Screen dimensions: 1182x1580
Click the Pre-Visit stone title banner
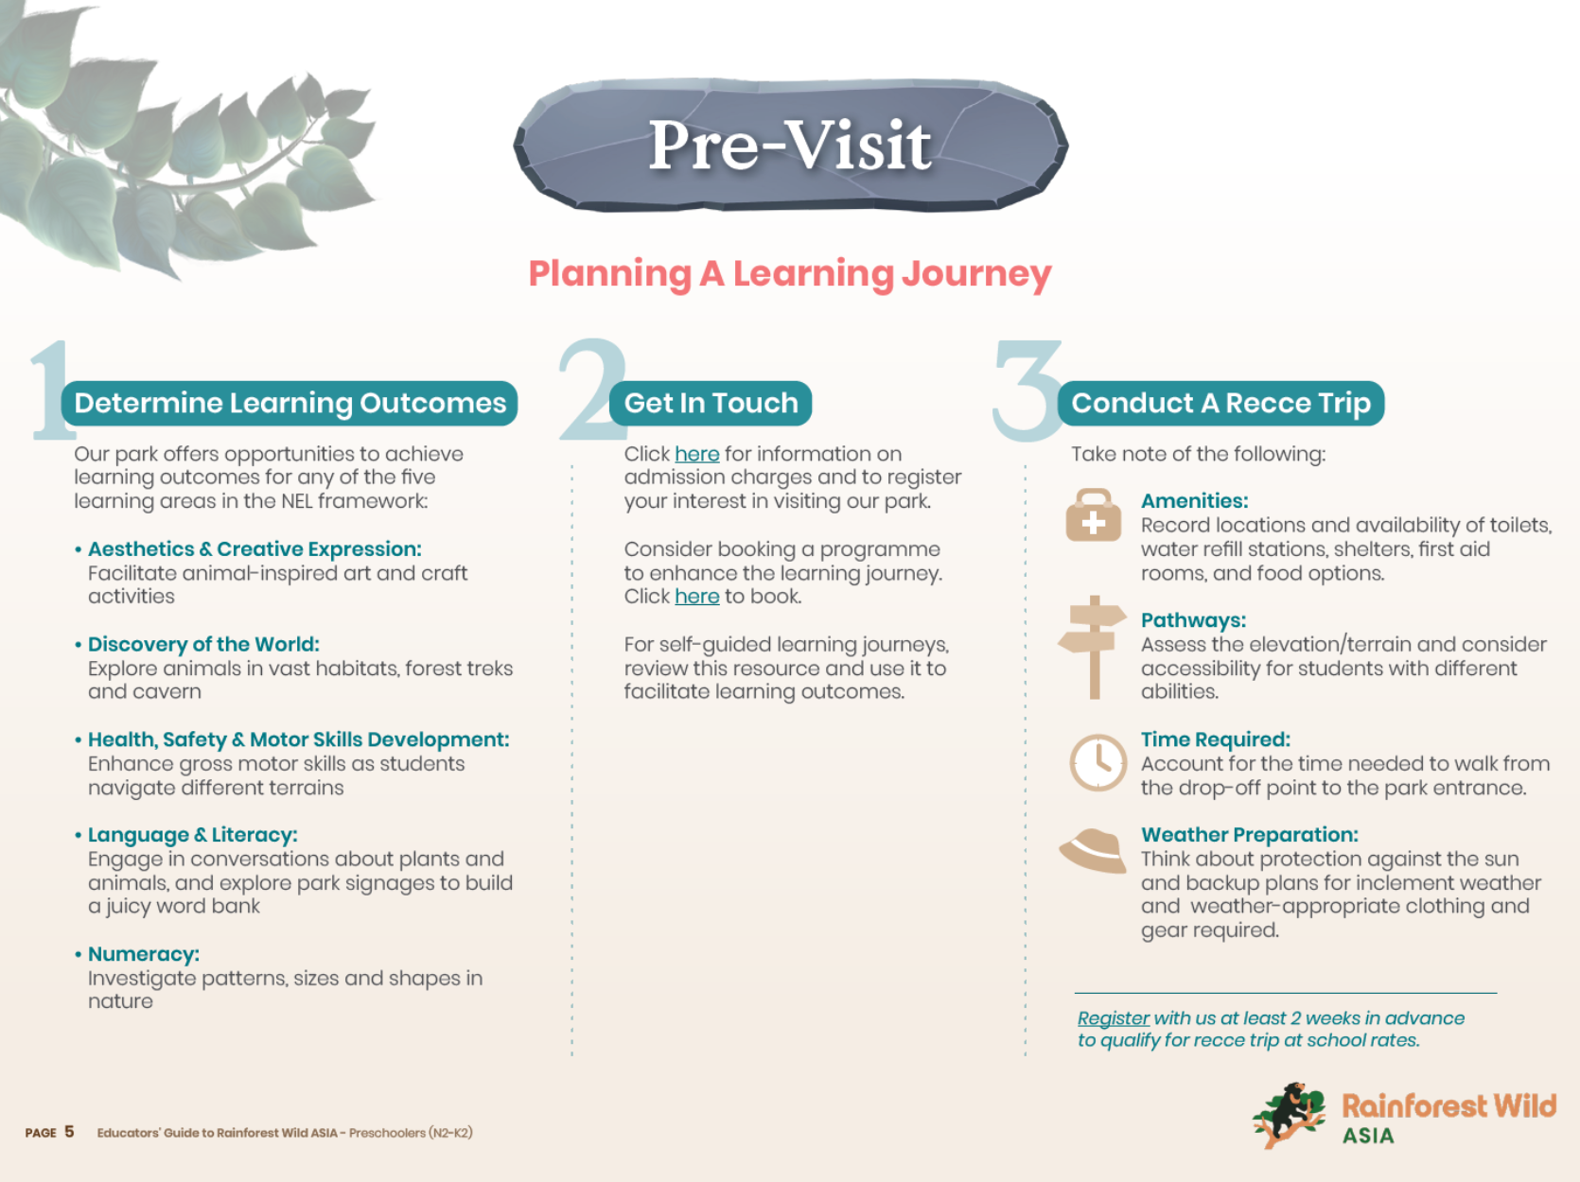791,146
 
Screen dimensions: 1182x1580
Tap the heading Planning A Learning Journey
789,273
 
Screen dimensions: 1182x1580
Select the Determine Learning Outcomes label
290,403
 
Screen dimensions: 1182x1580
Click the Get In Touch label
711,403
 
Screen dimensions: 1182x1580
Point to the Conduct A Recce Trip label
1220,403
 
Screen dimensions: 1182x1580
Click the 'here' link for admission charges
697,454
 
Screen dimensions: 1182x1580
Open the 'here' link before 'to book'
697,597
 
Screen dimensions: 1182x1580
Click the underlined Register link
1113,1018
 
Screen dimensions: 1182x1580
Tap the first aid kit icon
1093,516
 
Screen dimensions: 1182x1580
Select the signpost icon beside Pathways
1094,647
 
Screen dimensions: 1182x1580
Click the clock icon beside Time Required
1097,762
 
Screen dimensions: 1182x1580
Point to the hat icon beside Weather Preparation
1094,849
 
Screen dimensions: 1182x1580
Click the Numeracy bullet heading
144,954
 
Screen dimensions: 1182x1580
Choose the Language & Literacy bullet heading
192,835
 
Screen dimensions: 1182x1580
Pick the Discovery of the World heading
203,644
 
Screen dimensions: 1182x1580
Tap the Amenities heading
1194,501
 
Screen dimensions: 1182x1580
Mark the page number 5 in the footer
69,1132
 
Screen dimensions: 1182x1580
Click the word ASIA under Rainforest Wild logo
1368,1136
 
